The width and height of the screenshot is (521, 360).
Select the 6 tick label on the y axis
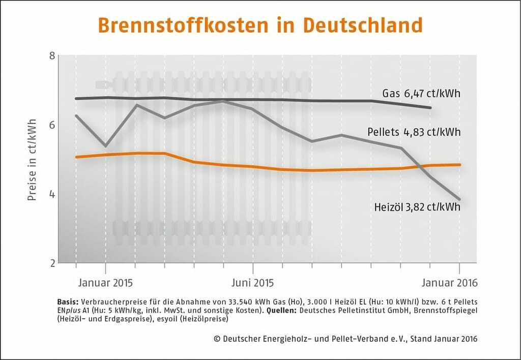[x=51, y=125]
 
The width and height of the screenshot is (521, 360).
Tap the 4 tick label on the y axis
[x=51, y=194]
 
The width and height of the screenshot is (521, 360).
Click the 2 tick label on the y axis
[x=51, y=263]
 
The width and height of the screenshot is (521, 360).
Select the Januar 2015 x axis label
[x=105, y=282]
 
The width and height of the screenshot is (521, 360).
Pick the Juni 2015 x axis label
[x=252, y=282]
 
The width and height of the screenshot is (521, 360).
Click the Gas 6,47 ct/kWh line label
[x=421, y=94]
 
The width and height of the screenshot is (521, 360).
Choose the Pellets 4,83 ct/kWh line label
[x=414, y=133]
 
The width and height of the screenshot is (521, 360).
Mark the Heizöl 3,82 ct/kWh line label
[x=417, y=207]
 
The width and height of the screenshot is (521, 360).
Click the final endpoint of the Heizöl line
[x=460, y=199]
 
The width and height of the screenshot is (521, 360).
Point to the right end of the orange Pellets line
[x=460, y=165]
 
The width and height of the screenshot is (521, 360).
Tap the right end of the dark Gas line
[x=431, y=108]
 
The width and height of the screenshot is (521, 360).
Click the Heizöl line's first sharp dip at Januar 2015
[x=105, y=146]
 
